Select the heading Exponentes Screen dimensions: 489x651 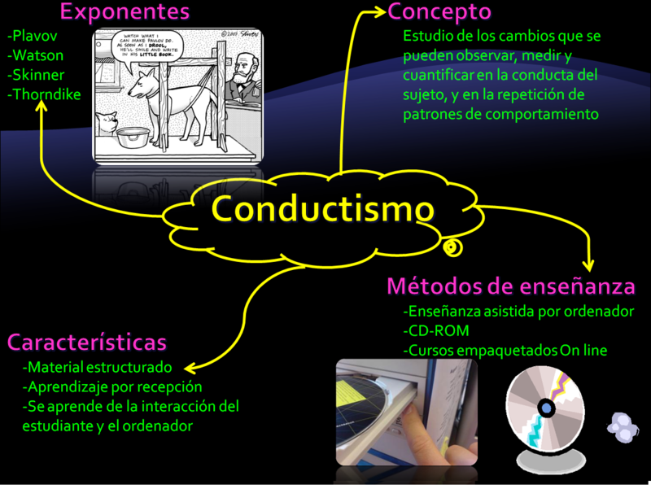(125, 12)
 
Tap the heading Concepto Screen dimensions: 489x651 (439, 12)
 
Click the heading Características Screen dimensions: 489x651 (87, 341)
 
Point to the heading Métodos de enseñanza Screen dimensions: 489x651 (510, 286)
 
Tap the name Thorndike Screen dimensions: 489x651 (44, 94)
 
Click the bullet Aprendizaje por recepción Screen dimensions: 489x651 (112, 386)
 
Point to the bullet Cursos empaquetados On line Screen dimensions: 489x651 (505, 351)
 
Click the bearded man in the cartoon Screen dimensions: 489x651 (240, 79)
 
